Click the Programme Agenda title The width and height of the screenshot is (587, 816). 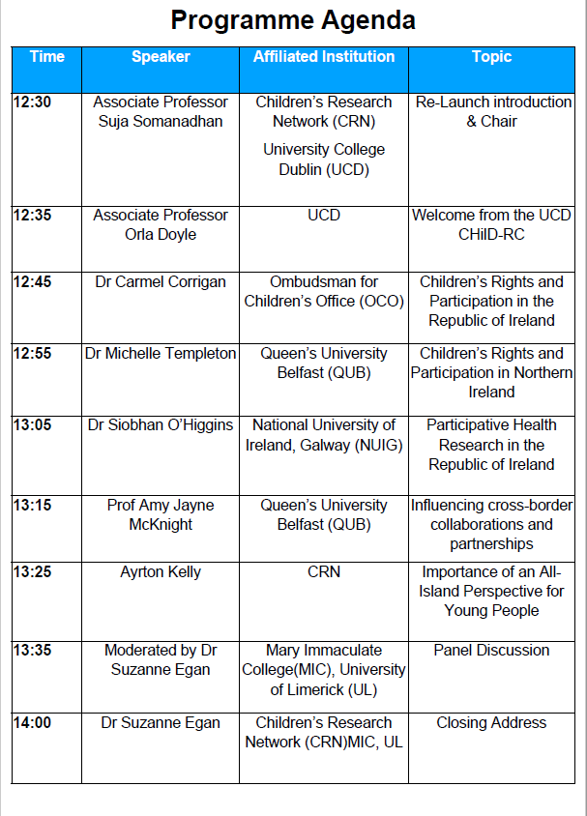293,19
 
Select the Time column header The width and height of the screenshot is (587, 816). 46,56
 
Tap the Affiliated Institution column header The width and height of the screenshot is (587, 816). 323,56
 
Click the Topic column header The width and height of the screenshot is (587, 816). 491,56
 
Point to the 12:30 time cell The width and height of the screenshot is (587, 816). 32,102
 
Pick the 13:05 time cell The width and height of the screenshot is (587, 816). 32,425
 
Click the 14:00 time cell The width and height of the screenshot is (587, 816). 32,723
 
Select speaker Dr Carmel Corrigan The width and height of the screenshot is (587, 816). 160,282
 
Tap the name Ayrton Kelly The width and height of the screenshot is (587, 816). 160,572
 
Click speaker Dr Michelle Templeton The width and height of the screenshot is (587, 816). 160,354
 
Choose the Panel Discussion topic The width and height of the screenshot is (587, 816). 491,651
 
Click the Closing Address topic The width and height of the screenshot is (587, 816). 491,723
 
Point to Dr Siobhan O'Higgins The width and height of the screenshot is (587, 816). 160,425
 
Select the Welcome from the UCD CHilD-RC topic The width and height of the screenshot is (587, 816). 491,224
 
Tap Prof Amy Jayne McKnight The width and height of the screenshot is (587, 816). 160,514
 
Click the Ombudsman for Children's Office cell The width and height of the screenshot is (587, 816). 323,292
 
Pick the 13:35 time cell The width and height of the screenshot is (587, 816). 32,651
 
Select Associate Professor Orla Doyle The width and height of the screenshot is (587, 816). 160,224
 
